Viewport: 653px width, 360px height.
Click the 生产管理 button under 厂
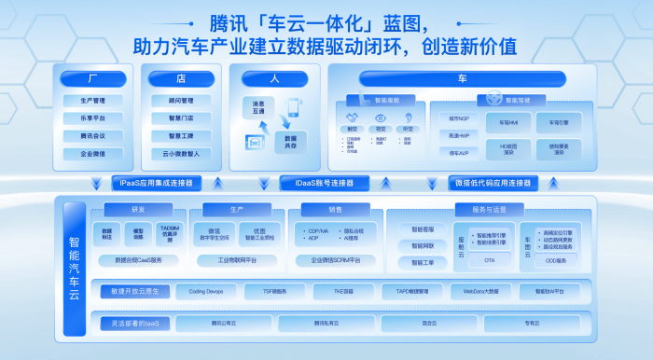pyautogui.click(x=93, y=101)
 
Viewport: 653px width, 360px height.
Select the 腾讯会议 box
pyautogui.click(x=93, y=135)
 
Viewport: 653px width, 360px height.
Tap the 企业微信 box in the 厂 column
pyautogui.click(x=93, y=153)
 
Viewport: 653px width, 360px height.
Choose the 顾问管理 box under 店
pyautogui.click(x=181, y=101)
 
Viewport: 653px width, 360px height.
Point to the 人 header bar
pyautogui.click(x=274, y=78)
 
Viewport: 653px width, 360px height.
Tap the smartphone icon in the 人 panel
pyautogui.click(x=293, y=107)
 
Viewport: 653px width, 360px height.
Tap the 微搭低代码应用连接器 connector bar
pyautogui.click(x=493, y=183)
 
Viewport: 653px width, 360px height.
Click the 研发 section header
pyautogui.click(x=138, y=209)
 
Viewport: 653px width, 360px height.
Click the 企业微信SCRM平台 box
pyautogui.click(x=336, y=259)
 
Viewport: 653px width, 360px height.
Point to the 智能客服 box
pyautogui.click(x=415, y=228)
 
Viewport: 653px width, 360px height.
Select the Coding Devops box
pyautogui.click(x=205, y=292)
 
